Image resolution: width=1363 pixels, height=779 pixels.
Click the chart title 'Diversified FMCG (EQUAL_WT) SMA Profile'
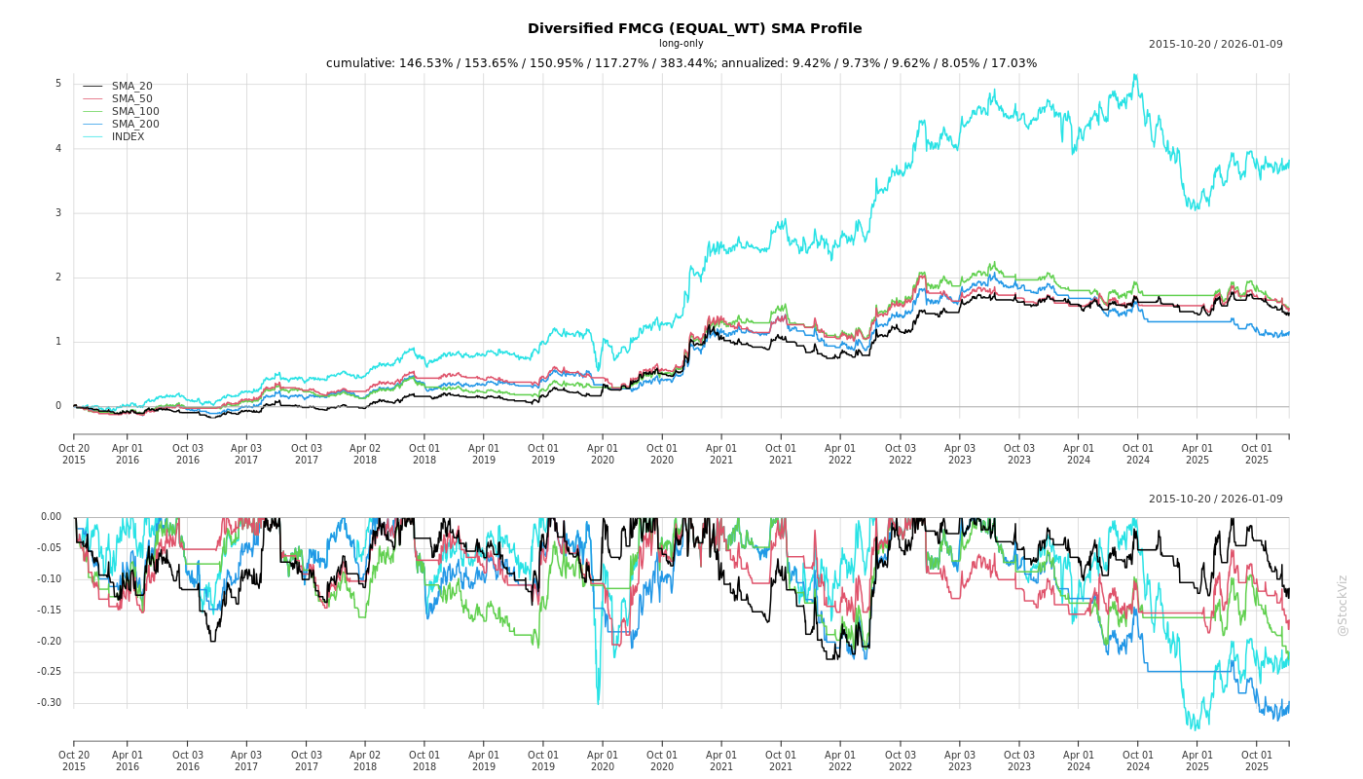click(694, 28)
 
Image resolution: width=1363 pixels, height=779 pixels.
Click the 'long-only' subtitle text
click(681, 44)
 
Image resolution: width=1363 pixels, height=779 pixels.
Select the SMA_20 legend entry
click(131, 87)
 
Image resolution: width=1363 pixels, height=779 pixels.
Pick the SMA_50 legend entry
click(131, 99)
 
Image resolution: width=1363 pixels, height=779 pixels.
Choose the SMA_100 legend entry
click(134, 112)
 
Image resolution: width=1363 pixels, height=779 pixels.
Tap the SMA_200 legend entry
click(134, 125)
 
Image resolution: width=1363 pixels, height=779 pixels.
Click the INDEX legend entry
click(128, 137)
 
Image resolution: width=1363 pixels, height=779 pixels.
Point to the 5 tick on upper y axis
click(57, 84)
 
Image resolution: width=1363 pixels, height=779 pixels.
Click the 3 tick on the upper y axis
click(57, 213)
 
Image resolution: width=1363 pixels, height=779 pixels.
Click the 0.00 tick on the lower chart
click(51, 517)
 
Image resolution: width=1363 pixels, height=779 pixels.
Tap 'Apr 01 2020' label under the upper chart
click(603, 454)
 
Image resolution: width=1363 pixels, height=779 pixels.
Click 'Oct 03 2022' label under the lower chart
click(900, 760)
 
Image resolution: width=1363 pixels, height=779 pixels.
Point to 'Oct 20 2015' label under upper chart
click(74, 454)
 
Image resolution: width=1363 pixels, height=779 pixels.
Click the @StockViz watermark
click(1343, 605)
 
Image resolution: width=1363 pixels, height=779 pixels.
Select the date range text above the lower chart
click(1215, 500)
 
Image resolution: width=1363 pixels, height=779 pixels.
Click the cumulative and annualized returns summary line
click(681, 63)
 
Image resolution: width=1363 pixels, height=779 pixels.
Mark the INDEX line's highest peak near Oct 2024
click(1134, 75)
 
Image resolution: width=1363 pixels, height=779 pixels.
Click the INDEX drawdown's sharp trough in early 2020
click(598, 703)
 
